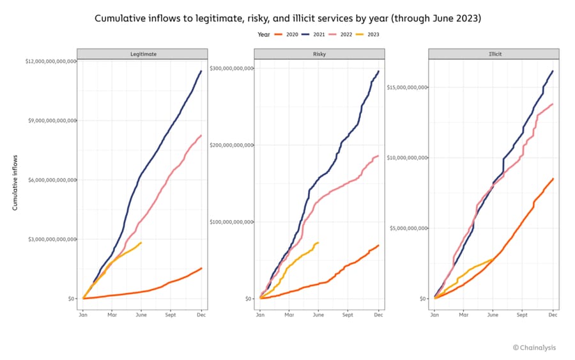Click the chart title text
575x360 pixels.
[x=287, y=19]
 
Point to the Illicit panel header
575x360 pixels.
[x=494, y=54]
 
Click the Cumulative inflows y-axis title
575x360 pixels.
[x=15, y=182]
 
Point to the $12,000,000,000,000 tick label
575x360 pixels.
[x=50, y=61]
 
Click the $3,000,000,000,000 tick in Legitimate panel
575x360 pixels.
[x=51, y=239]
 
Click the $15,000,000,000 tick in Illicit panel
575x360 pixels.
[x=406, y=87]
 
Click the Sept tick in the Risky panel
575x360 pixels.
[x=348, y=315]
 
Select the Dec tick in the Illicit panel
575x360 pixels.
[x=553, y=315]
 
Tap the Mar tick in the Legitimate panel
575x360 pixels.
[x=112, y=315]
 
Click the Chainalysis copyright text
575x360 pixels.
[x=534, y=348]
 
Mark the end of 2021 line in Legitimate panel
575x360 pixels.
[x=201, y=71]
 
